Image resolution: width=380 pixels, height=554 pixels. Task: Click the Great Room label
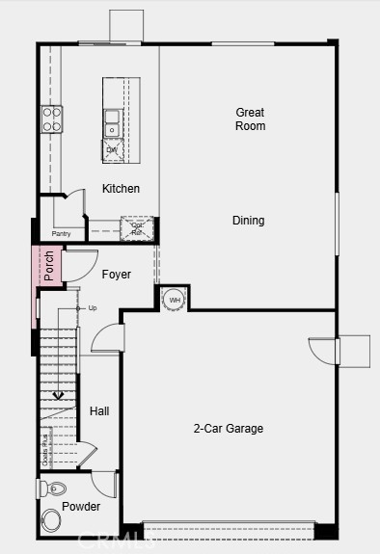250,119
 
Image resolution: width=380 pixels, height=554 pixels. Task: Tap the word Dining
248,221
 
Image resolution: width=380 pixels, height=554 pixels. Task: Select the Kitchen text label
121,189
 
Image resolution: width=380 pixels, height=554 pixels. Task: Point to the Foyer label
116,275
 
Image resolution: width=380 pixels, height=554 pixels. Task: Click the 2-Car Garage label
228,429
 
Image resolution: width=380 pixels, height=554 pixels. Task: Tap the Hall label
99,411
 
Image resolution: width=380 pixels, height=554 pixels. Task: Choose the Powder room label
81,507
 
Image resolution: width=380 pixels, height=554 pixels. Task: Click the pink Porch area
48,266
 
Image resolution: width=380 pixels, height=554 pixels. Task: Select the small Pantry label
62,233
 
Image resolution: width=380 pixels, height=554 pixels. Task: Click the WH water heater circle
175,300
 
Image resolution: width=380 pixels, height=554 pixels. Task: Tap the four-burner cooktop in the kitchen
51,119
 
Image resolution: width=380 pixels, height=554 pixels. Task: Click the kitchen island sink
112,123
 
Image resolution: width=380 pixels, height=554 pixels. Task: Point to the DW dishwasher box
113,150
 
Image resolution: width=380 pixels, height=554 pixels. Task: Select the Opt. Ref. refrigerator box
136,227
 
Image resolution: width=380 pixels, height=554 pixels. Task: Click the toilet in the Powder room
52,488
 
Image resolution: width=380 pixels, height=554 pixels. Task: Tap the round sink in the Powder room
50,522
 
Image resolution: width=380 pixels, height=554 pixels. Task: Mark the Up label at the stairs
93,308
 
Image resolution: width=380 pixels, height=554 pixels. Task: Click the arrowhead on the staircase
58,395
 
